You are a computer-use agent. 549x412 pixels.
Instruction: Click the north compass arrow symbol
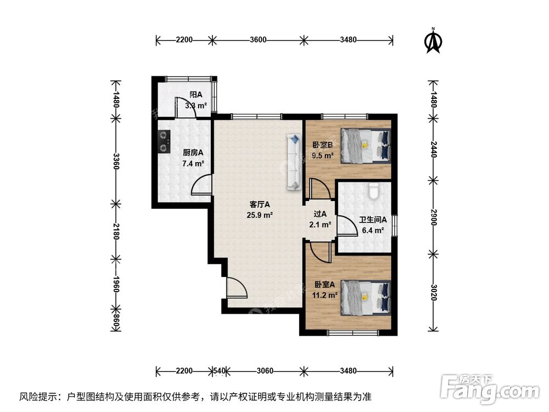click(434, 42)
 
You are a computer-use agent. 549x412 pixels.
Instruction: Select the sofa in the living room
click(294, 162)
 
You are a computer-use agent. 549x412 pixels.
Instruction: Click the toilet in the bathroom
click(374, 191)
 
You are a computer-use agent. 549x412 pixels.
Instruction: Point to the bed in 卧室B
click(366, 145)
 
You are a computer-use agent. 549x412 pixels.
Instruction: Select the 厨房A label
click(193, 153)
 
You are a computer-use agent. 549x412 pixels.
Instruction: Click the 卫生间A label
click(373, 220)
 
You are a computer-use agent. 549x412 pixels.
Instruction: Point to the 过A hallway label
click(320, 214)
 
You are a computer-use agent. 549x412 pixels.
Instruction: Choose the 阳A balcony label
click(196, 94)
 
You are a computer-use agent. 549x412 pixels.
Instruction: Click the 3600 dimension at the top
click(257, 40)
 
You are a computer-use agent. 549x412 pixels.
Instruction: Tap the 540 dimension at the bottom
click(219, 371)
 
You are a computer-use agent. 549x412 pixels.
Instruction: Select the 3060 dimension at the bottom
click(265, 371)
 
